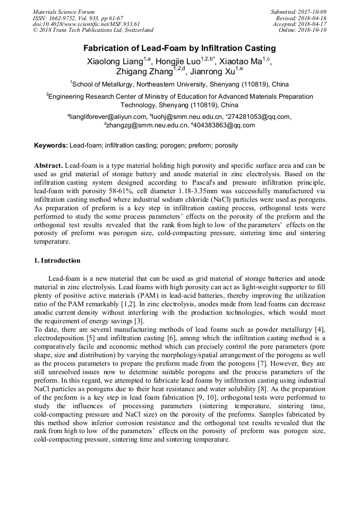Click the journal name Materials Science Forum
point(64,12)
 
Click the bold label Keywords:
point(51,145)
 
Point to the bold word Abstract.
point(49,166)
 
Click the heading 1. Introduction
point(57,261)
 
